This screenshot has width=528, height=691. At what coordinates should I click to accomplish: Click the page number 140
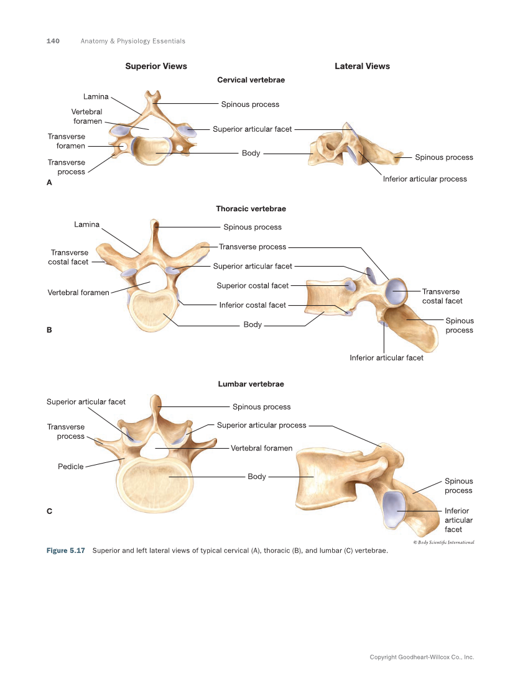[53, 41]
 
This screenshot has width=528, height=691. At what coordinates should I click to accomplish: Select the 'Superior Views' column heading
[156, 66]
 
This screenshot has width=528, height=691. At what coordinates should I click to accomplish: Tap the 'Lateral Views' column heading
[362, 66]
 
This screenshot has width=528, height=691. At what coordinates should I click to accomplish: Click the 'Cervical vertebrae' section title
[251, 80]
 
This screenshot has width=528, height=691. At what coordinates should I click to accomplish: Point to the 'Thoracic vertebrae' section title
[251, 209]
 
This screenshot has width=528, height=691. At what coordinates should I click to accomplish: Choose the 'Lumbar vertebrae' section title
[251, 384]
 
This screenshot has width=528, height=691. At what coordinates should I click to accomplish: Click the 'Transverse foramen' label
[67, 141]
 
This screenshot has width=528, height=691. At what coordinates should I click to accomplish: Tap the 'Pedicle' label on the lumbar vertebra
[70, 467]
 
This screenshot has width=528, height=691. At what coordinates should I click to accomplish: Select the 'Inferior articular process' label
[425, 179]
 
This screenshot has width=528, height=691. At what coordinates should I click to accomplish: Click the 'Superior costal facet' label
[252, 286]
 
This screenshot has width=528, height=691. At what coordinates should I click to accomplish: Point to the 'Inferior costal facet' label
[252, 305]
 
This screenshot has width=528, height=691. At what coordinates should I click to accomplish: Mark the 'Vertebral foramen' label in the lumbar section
[261, 448]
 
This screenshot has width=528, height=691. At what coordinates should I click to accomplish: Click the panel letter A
[49, 183]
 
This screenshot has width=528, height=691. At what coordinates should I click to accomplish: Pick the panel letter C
[49, 511]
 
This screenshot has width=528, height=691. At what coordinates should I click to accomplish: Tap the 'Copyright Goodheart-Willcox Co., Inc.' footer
[422, 657]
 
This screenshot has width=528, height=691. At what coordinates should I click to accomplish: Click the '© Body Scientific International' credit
[443, 542]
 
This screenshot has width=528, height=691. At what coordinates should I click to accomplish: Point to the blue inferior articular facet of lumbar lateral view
[393, 510]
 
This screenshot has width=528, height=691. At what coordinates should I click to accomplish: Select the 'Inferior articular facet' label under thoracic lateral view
[386, 357]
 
